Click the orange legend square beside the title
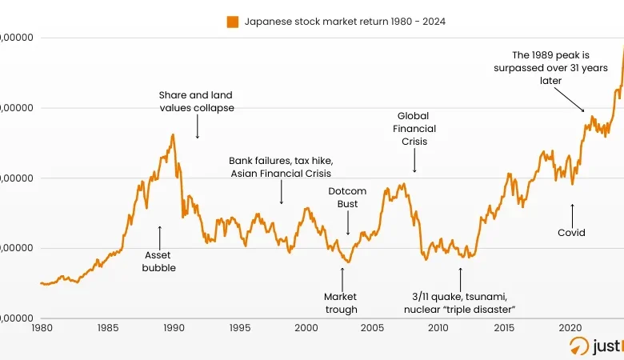pos(233,22)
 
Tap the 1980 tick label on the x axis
pos(41,328)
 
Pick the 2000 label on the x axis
pos(306,328)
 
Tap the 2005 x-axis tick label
pos(371,328)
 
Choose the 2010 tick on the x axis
pos(438,328)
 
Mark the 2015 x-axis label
pos(504,328)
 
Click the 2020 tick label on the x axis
pos(570,328)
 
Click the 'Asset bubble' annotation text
pos(159,262)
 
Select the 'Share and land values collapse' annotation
pos(196,102)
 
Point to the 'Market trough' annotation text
pos(341,303)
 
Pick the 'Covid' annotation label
pos(571,233)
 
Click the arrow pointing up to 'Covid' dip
pos(572,214)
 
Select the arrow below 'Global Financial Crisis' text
pos(414,161)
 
